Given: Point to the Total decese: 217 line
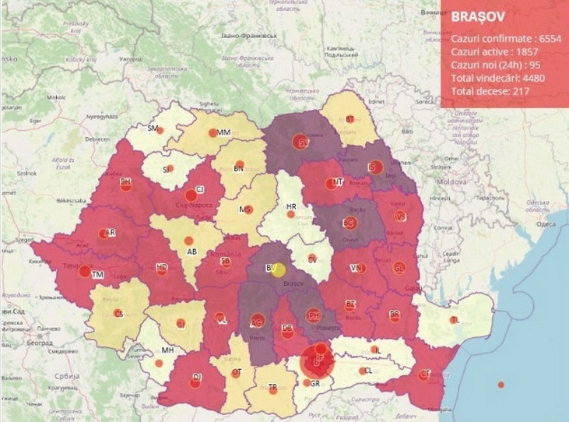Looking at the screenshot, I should (x=490, y=91).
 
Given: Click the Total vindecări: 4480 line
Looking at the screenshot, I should (x=498, y=78).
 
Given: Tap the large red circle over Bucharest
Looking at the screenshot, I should (x=318, y=361).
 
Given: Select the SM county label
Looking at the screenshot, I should (x=153, y=128).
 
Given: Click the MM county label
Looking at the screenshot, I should (x=224, y=133).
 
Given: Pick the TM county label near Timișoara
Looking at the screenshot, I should (x=98, y=275).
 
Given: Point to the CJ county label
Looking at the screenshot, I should (x=200, y=189).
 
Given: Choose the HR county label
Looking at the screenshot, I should (x=292, y=207).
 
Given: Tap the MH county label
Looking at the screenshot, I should (x=167, y=350).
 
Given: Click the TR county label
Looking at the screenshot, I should (x=272, y=387).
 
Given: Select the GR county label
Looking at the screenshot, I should (x=315, y=384).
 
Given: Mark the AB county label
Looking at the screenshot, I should (x=191, y=252).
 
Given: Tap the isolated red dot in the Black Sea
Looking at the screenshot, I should (x=501, y=385).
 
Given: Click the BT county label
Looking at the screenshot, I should (x=350, y=119).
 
